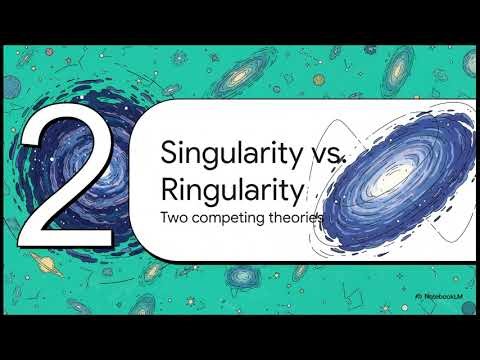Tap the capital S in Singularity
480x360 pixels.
pyautogui.click(x=168, y=154)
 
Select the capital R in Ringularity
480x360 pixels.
pyautogui.click(x=169, y=187)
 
